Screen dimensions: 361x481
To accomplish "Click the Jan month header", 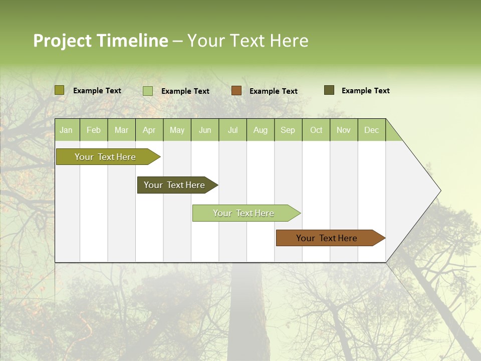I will tap(66, 130).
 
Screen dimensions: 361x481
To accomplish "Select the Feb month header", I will tap(94, 130).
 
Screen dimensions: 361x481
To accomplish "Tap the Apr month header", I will tap(149, 130).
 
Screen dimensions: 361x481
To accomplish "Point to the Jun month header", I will tap(205, 130).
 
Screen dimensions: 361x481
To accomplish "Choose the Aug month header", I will tap(260, 130).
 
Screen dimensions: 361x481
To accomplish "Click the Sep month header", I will tap(288, 130).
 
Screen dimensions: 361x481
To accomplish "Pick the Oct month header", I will tap(316, 130).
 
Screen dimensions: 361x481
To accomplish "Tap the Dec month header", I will tap(371, 130).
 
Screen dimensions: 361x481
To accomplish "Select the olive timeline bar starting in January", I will tap(106, 157).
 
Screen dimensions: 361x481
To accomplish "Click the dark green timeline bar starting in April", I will tap(175, 185).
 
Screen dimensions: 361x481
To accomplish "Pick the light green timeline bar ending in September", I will tap(244, 213).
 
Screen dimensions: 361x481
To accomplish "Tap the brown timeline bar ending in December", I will tap(327, 238).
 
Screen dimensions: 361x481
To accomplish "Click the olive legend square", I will tap(60, 90).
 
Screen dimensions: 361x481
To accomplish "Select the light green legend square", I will tap(148, 91).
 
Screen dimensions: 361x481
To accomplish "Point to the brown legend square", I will tap(236, 90).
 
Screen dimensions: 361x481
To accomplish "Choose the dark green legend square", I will tap(329, 90).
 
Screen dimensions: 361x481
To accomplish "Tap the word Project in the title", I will tap(62, 41).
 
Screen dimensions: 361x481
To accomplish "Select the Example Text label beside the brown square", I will tap(274, 91).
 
